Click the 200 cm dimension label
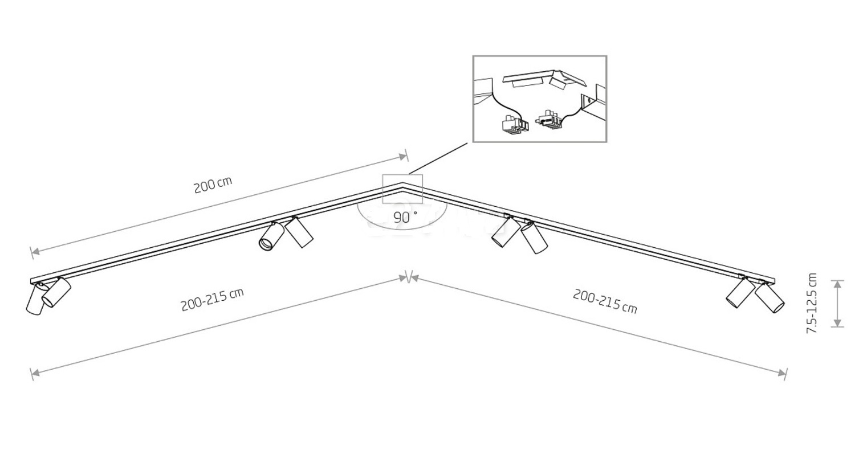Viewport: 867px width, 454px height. coord(213,185)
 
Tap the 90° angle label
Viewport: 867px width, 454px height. coord(405,218)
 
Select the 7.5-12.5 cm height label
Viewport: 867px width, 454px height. coord(812,303)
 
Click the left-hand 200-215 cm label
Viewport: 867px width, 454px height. coord(213,299)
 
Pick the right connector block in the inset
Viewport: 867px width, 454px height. coord(548,119)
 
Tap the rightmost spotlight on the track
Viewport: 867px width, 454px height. coord(769,297)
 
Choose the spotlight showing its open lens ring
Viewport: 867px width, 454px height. coord(271,236)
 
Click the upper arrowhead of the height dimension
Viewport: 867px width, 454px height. coord(837,284)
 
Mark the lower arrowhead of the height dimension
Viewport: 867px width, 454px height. coord(837,323)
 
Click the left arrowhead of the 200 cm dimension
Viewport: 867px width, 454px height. coord(35,252)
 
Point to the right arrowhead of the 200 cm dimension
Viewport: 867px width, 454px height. coord(402,157)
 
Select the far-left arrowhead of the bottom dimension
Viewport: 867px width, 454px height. coord(35,373)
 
